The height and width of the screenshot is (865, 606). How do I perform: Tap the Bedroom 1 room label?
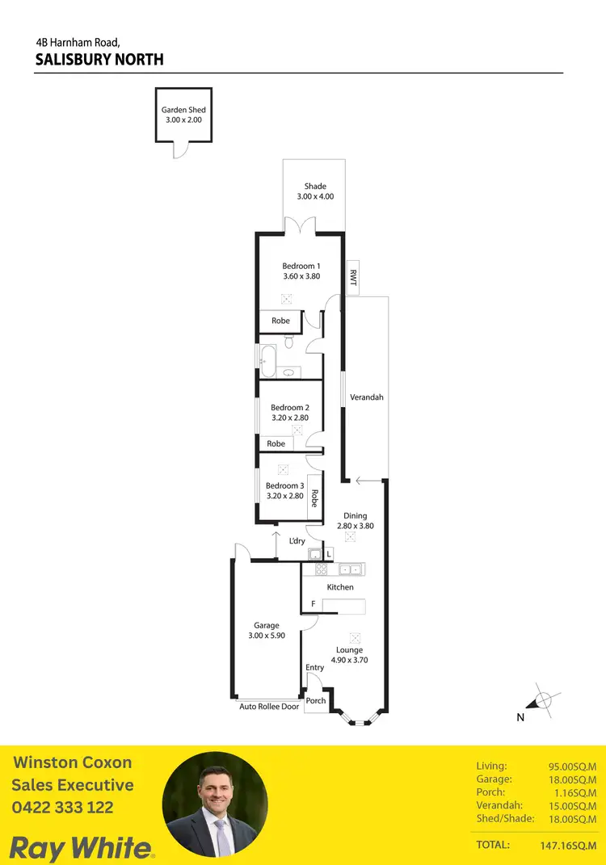coord(301,267)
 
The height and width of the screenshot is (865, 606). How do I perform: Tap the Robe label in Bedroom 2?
coord(276,443)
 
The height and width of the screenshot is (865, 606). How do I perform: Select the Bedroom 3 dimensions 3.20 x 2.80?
coord(284,496)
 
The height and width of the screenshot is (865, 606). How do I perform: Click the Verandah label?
coord(366,397)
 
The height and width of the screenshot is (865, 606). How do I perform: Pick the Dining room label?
coord(355,515)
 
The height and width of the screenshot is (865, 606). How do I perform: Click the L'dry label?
coord(297,540)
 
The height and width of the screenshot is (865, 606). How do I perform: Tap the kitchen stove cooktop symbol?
coord(309,569)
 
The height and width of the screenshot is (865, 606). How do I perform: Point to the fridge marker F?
coord(313,604)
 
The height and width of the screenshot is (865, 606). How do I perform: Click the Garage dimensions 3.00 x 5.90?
coord(267,636)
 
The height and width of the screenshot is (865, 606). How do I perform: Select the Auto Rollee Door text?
coord(269,707)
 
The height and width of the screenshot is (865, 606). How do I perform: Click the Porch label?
coord(316,700)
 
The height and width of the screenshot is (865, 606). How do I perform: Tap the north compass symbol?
coord(545,700)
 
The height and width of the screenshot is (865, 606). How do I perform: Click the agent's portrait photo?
coord(215,805)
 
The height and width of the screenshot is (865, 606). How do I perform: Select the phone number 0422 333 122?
coord(62,807)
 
